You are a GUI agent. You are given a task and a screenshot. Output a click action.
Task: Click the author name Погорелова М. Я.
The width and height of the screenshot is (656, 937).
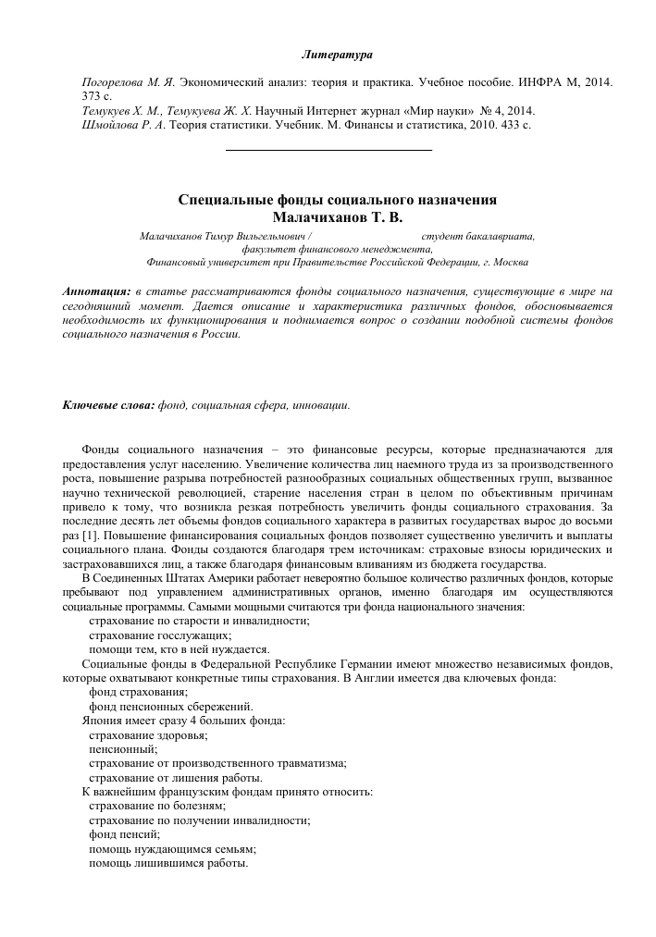pyautogui.click(x=129, y=82)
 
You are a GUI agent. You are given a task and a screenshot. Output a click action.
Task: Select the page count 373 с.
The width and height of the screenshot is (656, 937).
pyautogui.click(x=99, y=95)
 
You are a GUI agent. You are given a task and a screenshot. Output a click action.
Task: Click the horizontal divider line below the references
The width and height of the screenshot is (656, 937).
pyautogui.click(x=329, y=149)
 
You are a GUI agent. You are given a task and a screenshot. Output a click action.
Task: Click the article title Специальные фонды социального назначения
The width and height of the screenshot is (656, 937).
pyautogui.click(x=337, y=200)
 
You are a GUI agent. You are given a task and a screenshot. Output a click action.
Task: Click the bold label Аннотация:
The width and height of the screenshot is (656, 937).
pyautogui.click(x=95, y=291)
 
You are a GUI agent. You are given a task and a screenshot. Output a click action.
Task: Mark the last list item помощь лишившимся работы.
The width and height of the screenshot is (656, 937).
pyautogui.click(x=168, y=863)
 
